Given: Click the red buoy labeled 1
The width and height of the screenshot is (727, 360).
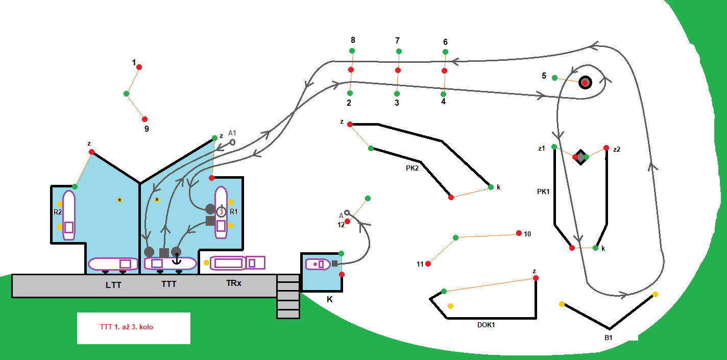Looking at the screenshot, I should pos(139,67).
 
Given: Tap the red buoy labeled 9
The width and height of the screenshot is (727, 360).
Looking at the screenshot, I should pos(144,119).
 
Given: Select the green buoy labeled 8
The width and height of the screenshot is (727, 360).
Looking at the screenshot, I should pos(352,51).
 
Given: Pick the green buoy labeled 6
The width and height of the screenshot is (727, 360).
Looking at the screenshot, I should pos(445,52).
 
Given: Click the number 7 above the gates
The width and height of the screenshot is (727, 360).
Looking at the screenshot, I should pos(398,40).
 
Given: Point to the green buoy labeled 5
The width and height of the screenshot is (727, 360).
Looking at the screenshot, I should pos(554,78).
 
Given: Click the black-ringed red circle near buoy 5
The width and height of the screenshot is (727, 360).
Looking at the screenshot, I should pos(585,83).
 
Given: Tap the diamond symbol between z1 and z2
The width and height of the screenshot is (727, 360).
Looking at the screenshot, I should pos(580,157).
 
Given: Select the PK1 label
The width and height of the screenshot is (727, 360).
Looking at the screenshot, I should pos(543,192).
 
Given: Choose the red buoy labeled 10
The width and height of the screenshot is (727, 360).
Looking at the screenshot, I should pos(519,233).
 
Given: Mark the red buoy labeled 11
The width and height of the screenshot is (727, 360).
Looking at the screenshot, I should pos(428,263).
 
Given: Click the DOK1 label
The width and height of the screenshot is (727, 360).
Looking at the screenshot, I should pos(486,325).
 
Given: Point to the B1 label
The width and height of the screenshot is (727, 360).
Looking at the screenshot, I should pos(608,337).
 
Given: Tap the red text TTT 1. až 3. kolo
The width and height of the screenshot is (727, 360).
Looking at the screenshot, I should pos(127,327).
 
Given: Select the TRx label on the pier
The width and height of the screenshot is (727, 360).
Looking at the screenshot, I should pos(233,283).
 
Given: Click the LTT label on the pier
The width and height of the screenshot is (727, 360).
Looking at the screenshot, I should pos(113,285).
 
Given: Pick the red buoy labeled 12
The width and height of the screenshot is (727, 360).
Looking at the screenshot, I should pos(347,221).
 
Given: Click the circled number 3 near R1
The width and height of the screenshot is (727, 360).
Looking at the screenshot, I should pos(221,211).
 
